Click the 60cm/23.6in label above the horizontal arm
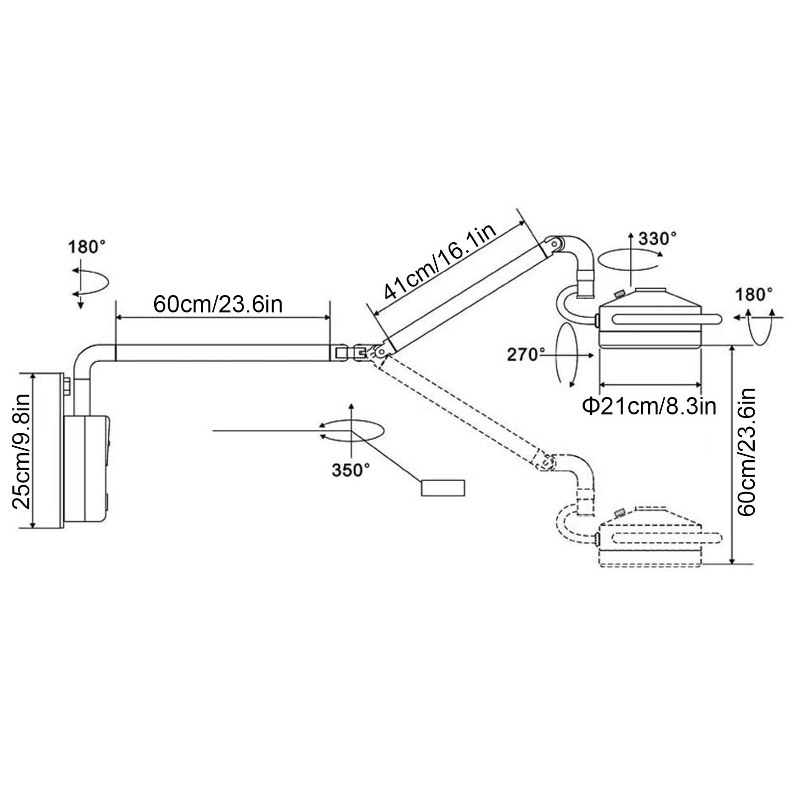point(217,304)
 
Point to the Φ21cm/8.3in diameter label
point(649,406)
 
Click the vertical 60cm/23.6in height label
point(746,452)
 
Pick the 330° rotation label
point(658,239)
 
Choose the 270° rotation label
point(526,355)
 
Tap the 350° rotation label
point(351,470)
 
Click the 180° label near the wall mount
point(87,247)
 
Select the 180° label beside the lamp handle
point(755,295)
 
